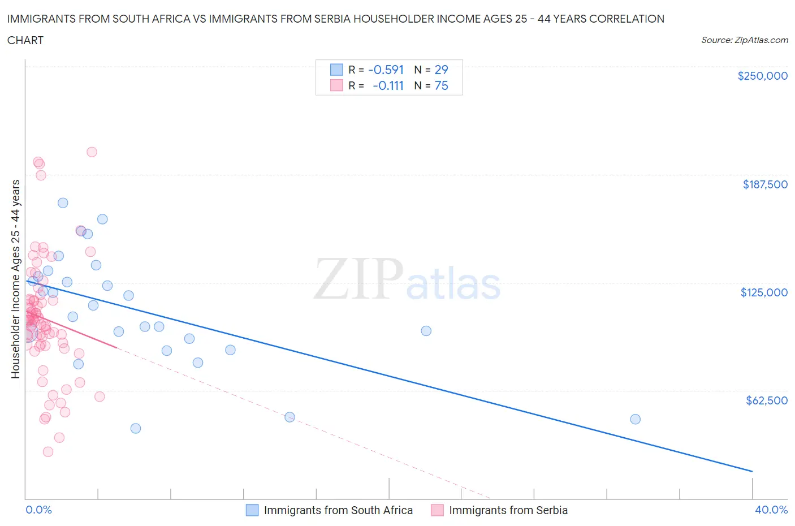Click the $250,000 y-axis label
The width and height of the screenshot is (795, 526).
(762, 76)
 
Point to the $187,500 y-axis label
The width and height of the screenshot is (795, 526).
(764, 184)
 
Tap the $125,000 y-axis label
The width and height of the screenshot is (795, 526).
(763, 292)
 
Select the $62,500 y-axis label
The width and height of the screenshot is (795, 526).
(766, 400)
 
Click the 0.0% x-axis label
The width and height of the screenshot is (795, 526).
(38, 510)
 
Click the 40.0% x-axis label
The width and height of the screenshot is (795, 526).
(771, 510)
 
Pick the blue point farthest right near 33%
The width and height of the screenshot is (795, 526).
(635, 419)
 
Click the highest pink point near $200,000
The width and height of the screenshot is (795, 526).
(92, 152)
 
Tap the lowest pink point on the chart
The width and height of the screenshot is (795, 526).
(48, 451)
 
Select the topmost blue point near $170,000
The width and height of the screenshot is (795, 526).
(63, 203)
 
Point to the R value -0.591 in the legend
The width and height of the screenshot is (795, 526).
(386, 70)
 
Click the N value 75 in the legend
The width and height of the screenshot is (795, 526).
(441, 86)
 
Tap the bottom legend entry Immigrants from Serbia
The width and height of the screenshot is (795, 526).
(508, 510)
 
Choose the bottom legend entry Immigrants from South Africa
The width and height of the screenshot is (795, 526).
(338, 510)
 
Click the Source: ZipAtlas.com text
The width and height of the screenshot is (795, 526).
(744, 40)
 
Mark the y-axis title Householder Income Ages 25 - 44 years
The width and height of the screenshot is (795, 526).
(16, 279)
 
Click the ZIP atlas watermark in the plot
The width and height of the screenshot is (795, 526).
(407, 279)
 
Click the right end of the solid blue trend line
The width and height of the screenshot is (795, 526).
(752, 471)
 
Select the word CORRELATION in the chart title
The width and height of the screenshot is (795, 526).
(627, 19)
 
